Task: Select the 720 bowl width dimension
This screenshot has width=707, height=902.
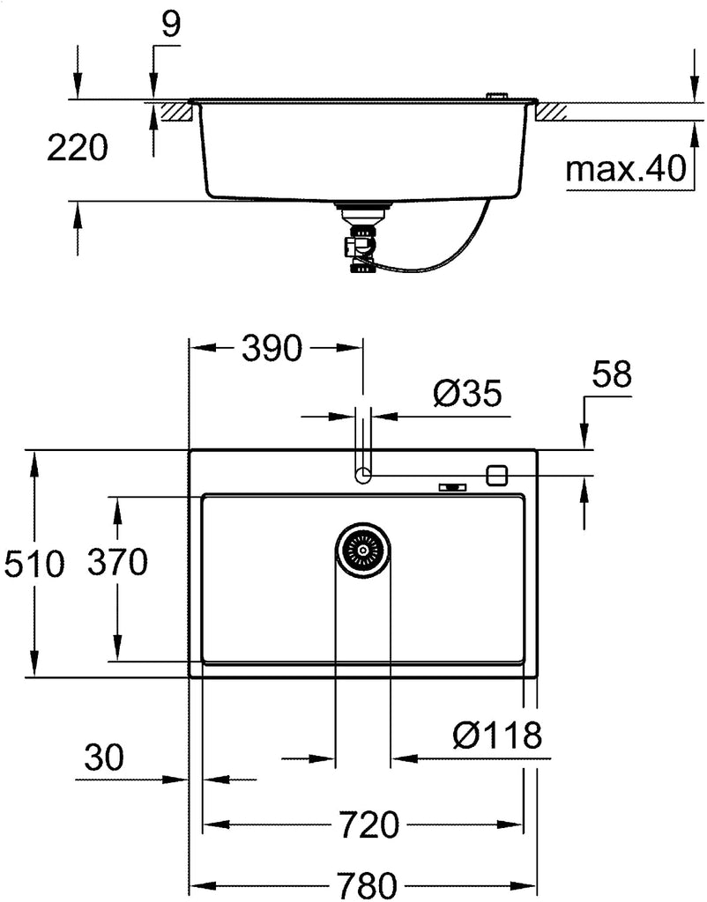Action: coord(368,825)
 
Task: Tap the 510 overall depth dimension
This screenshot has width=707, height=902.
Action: coord(34,564)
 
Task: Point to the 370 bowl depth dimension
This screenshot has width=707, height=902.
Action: coord(117,561)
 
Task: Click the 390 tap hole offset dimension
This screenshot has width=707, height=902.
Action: coord(272,347)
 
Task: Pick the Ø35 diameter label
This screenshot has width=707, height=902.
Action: coord(467,394)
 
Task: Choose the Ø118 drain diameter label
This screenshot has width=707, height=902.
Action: coord(497,735)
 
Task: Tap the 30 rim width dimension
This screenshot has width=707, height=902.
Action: coord(104,757)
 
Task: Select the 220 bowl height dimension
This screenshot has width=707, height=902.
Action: coord(78,147)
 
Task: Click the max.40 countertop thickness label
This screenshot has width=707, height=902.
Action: coord(626,168)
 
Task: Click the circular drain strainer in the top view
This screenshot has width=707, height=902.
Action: coord(362,551)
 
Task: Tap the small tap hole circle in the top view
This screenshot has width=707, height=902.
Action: coord(362,475)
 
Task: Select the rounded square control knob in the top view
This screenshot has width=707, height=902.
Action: coord(496,475)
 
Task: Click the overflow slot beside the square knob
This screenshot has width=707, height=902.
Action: coord(453,488)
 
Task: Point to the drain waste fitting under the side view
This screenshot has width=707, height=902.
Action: coord(360,237)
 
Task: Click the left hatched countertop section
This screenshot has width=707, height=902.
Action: coord(176,110)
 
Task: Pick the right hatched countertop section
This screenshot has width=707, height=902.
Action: coord(552,111)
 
